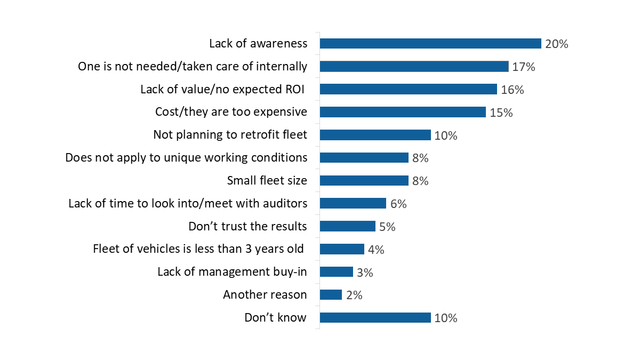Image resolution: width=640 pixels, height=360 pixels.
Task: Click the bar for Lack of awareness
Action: (430, 44)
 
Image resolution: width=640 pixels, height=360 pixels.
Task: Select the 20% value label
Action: (556, 44)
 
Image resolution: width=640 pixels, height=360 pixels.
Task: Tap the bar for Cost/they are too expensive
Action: (403, 112)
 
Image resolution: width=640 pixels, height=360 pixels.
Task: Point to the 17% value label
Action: (523, 67)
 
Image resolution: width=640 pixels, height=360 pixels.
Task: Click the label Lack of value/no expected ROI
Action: (222, 90)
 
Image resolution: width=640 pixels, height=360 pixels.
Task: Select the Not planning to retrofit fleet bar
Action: (375, 135)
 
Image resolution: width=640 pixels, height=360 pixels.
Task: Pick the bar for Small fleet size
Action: (364, 181)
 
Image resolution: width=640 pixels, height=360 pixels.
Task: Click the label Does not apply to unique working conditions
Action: (186, 158)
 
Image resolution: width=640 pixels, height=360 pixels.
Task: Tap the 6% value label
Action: (398, 204)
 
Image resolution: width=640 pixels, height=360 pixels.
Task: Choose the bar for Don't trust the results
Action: (347, 226)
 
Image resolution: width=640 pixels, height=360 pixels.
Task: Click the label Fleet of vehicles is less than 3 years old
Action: (198, 249)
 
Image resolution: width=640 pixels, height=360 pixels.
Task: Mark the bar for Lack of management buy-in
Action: (336, 272)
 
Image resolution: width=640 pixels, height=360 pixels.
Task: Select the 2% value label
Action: (354, 295)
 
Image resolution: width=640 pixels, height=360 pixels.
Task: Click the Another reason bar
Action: (331, 295)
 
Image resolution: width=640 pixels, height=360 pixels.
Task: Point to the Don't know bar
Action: (375, 318)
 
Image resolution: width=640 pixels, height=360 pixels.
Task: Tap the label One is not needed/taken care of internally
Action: (193, 67)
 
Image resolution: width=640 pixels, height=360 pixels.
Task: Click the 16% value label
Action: (512, 90)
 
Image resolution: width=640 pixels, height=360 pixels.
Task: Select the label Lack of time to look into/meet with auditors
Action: (188, 203)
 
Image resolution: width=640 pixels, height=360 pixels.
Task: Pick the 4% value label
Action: (376, 250)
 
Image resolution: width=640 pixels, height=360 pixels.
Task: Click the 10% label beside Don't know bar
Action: (445, 318)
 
